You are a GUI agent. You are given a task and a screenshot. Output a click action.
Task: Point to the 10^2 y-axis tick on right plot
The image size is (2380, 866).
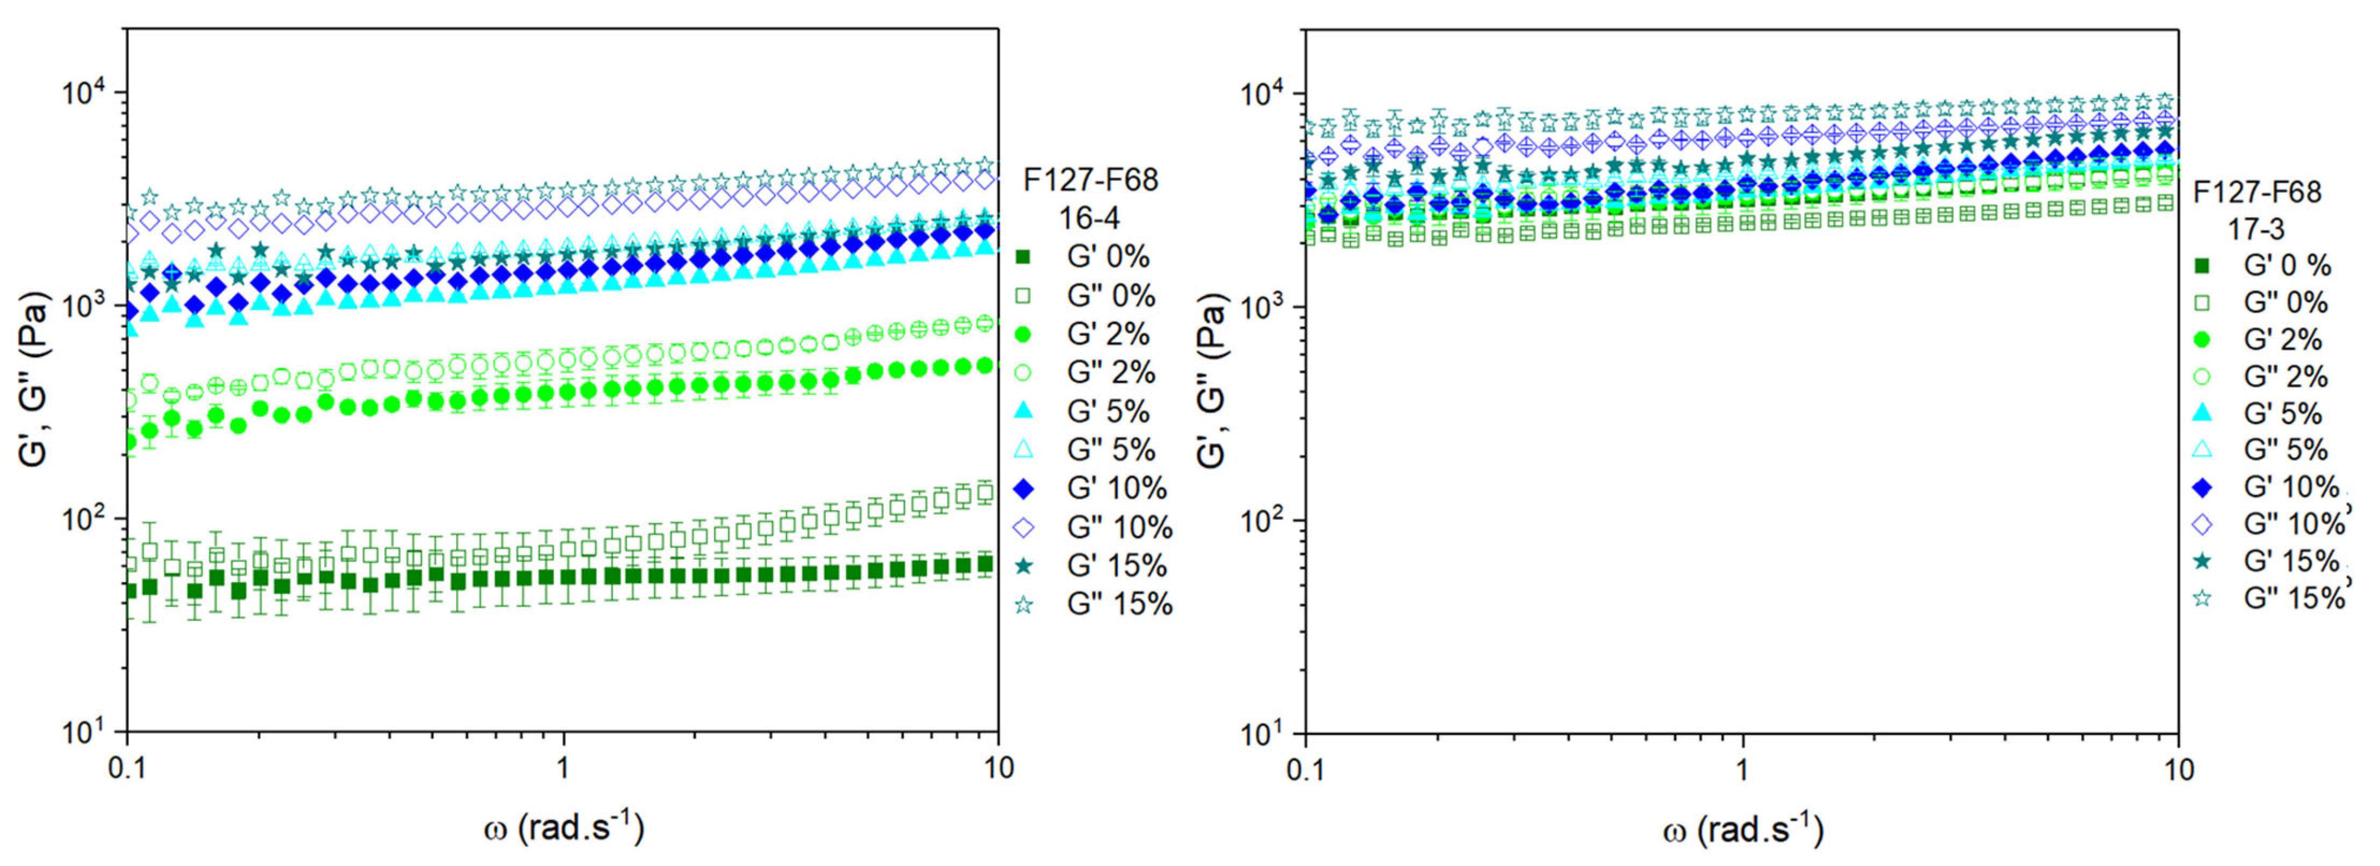1267,521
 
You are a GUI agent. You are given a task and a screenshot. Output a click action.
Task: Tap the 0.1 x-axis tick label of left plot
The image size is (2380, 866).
126,768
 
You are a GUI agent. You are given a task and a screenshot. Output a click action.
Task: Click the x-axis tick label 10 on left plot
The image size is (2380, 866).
998,768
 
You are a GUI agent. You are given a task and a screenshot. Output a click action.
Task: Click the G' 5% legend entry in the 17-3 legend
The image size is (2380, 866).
2282,413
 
